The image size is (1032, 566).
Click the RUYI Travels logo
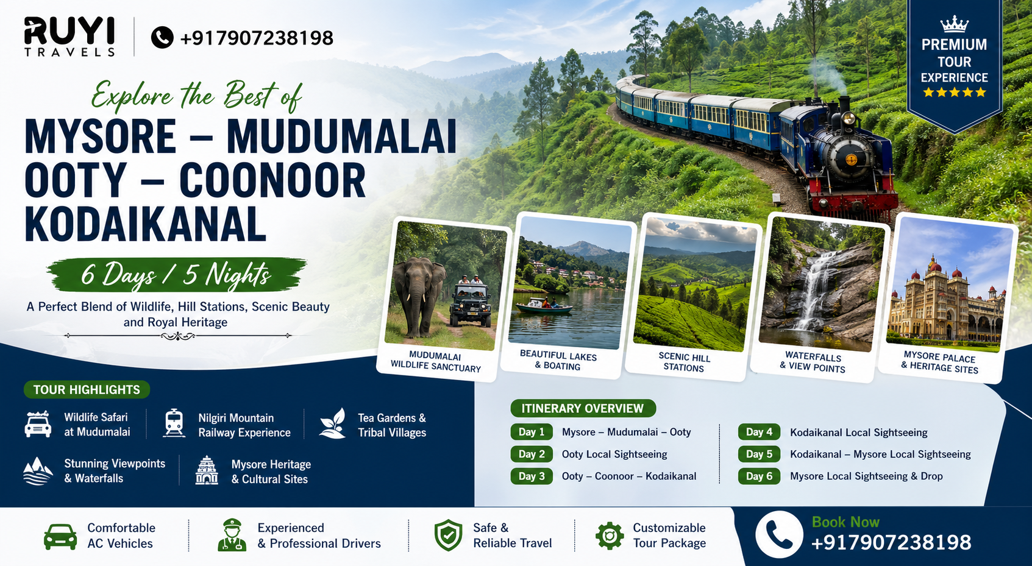pos(69,37)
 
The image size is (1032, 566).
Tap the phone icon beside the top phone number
pos(162,38)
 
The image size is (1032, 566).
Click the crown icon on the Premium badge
pos(954,24)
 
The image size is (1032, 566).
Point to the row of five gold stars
pos(954,93)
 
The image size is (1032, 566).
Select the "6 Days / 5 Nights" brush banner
pos(176,275)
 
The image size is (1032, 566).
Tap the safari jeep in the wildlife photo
pos(470,302)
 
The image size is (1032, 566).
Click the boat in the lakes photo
pos(543,306)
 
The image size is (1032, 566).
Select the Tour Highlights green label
pos(87,389)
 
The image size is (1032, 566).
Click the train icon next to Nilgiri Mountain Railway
pos(174,423)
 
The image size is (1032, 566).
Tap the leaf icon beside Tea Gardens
pos(333,423)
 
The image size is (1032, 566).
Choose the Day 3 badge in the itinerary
pos(532,476)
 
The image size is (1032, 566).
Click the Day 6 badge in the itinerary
pos(759,476)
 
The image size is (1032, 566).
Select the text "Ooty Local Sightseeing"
pos(614,455)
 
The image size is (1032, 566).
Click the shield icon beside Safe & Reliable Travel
pos(448,536)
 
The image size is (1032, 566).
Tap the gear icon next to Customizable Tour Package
pos(610,536)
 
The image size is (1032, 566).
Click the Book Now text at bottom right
pos(845,522)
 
